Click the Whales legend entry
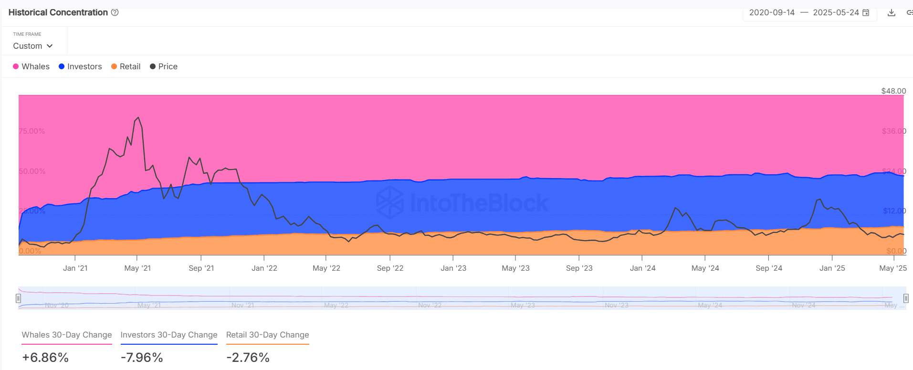pyautogui.click(x=31, y=66)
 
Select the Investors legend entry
pyautogui.click(x=80, y=66)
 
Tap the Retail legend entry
pyautogui.click(x=126, y=66)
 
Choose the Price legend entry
pyautogui.click(x=164, y=66)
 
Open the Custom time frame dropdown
pyautogui.click(x=32, y=46)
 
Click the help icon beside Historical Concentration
pyautogui.click(x=115, y=12)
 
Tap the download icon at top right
pyautogui.click(x=891, y=13)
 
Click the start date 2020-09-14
pyautogui.click(x=772, y=12)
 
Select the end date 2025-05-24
pyautogui.click(x=836, y=12)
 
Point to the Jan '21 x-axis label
pyautogui.click(x=75, y=268)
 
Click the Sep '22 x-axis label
pyautogui.click(x=390, y=268)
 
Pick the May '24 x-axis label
pyautogui.click(x=705, y=268)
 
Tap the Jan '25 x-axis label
pyautogui.click(x=832, y=268)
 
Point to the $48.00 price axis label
pyautogui.click(x=893, y=91)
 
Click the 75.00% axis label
pyautogui.click(x=32, y=131)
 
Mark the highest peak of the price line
pyautogui.click(x=138, y=117)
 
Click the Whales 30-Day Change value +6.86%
pyautogui.click(x=45, y=358)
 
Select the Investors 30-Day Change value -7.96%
pyautogui.click(x=142, y=358)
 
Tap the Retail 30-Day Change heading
pyautogui.click(x=267, y=335)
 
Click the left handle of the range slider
pyautogui.click(x=18, y=298)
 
